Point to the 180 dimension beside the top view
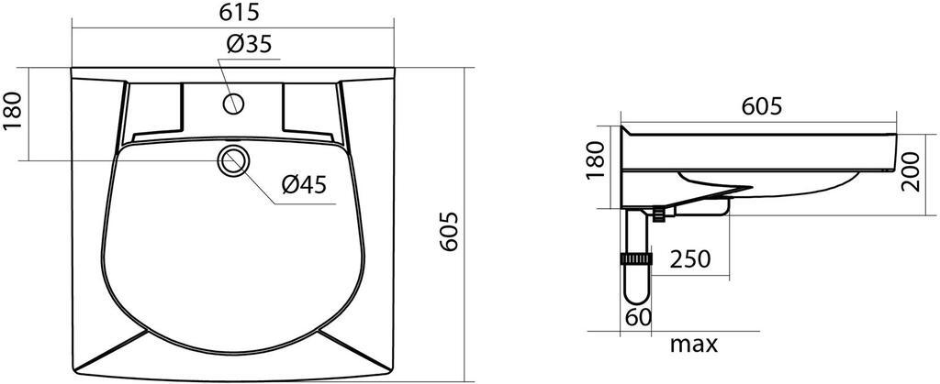coord(13,113)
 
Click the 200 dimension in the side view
coord(910,172)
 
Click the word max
coord(693,346)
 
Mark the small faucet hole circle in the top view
coord(234,102)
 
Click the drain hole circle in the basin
coord(233,161)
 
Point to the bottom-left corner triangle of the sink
coord(101,354)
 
